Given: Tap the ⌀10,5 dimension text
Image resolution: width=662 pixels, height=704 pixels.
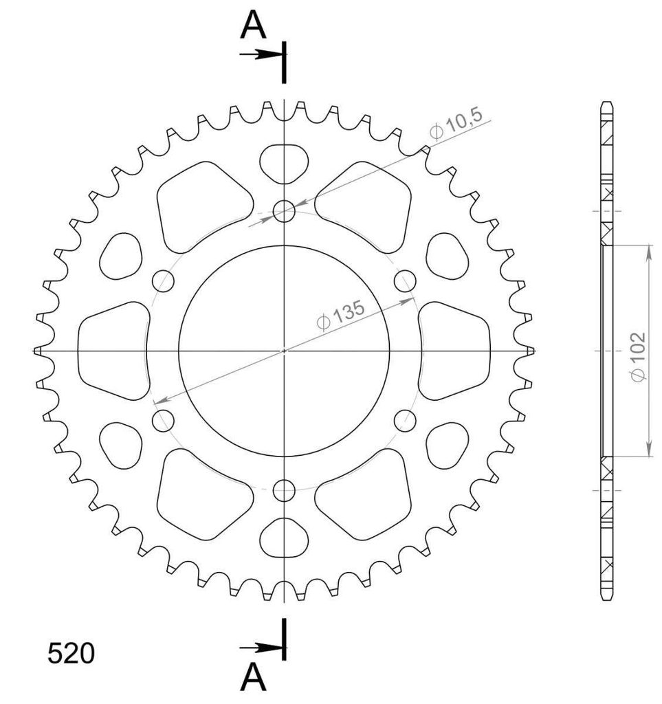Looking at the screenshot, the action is click(456, 124).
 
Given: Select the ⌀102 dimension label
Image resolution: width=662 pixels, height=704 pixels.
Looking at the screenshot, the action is click(637, 357).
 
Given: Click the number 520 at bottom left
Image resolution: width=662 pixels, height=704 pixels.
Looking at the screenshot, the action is click(71, 653).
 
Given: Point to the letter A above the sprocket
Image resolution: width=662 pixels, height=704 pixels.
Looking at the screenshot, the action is click(253, 25).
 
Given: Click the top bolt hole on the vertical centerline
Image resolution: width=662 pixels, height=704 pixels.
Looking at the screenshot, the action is click(284, 211).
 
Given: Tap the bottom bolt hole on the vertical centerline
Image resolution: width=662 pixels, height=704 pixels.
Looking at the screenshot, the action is click(284, 489).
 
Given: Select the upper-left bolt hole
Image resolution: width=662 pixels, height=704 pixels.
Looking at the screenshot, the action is click(163, 281).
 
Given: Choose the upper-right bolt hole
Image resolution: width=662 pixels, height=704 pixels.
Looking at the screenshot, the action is click(405, 281).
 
